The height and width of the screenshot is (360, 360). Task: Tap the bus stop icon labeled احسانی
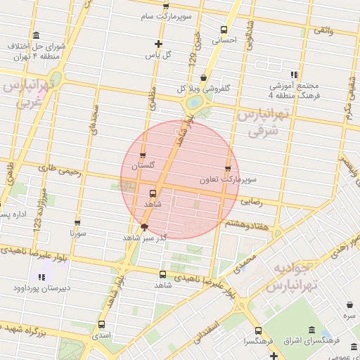[224, 30]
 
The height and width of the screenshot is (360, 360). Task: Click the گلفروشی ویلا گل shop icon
[204, 78]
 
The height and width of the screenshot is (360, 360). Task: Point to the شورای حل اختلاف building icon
[36, 35]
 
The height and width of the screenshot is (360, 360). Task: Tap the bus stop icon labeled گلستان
[143, 156]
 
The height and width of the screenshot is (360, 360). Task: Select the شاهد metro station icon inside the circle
[153, 192]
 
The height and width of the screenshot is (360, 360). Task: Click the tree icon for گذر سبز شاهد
[144, 226]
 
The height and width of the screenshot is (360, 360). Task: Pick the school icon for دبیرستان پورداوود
[42, 277]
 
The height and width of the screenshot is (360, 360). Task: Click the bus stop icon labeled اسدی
[102, 324]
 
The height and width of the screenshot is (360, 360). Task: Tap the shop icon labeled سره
[349, 305]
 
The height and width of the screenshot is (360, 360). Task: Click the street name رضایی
[251, 201]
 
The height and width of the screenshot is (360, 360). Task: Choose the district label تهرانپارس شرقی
[263, 123]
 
